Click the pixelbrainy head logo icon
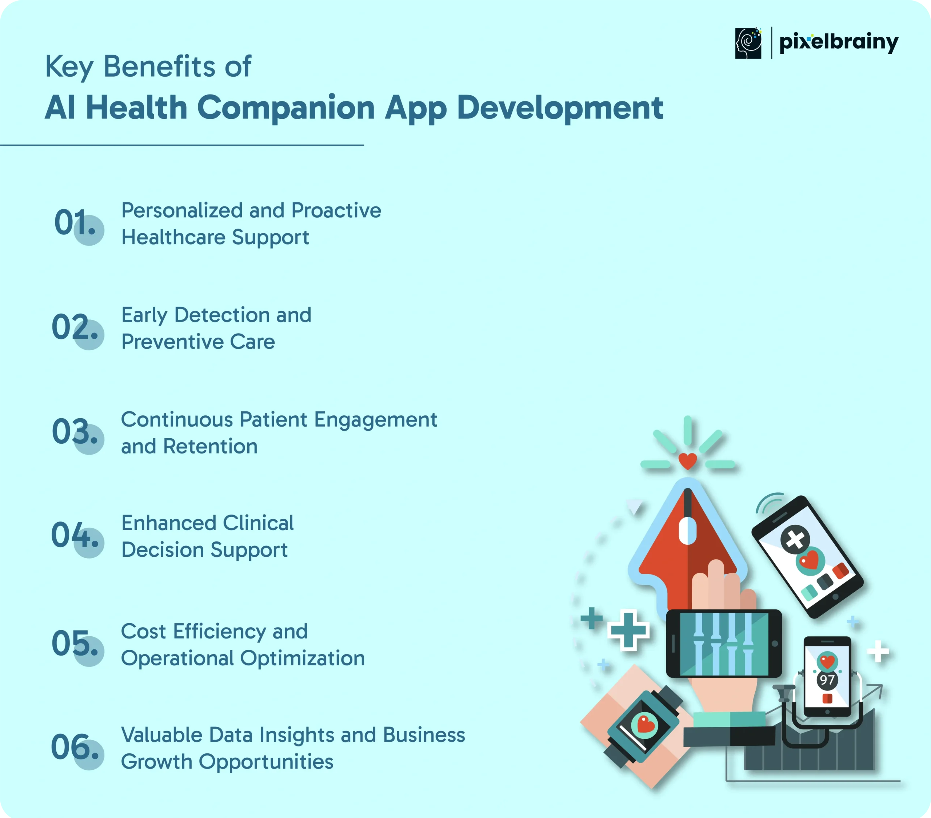[x=748, y=43]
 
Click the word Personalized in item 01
[x=182, y=210]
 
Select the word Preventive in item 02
[x=172, y=341]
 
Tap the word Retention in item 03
[x=211, y=446]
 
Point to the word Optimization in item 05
[x=303, y=658]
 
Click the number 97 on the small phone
[x=827, y=680]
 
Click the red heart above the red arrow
[x=688, y=461]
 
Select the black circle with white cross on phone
[x=795, y=539]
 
